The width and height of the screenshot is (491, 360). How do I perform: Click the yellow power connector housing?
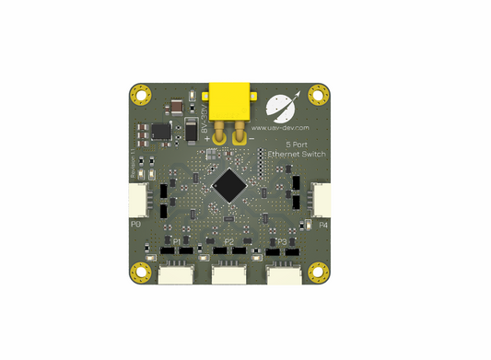[230, 99]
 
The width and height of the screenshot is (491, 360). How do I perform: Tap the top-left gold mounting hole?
[141, 94]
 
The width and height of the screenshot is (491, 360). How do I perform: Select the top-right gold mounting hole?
[318, 94]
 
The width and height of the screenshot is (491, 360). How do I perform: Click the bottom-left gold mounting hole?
[141, 272]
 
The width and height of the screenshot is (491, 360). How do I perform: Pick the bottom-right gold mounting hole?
[318, 272]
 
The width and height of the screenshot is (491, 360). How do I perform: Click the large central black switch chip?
[228, 187]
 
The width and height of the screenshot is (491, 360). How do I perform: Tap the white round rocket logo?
[277, 107]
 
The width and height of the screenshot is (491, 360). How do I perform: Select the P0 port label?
[135, 224]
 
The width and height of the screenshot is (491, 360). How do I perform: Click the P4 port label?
[323, 224]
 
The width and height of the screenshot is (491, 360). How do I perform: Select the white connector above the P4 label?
[322, 199]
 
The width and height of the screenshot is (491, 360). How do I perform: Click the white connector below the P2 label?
[229, 274]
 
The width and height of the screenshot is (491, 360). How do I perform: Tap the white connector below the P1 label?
[175, 274]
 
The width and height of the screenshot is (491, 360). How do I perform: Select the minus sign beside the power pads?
[252, 139]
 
